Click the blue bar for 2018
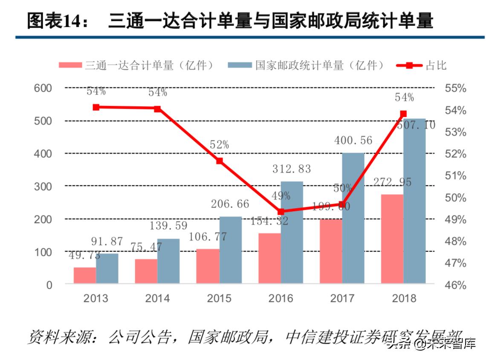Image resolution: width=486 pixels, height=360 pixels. pyautogui.click(x=414, y=201)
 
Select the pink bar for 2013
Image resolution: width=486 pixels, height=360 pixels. pyautogui.click(x=84, y=275)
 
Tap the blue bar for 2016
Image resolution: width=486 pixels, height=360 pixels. pyautogui.click(x=292, y=232)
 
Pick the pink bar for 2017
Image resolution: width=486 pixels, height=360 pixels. pyautogui.click(x=331, y=251)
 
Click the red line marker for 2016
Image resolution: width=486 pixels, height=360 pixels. pyautogui.click(x=281, y=212)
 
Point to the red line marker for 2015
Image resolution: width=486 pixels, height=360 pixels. pyautogui.click(x=219, y=161)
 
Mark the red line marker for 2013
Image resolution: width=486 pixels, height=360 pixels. pyautogui.click(x=96, y=107)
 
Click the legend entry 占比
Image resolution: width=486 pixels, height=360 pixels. pyautogui.click(x=422, y=65)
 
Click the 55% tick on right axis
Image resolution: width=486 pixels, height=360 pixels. pyautogui.click(x=455, y=88)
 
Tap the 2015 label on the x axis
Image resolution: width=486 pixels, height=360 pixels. pyautogui.click(x=219, y=298)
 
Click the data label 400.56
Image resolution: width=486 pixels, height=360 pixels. pyautogui.click(x=353, y=140)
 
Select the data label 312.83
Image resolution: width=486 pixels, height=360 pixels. pyautogui.click(x=292, y=169)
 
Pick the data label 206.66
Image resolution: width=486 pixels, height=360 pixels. pyautogui.click(x=230, y=204)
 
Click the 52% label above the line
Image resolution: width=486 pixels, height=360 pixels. pyautogui.click(x=219, y=145)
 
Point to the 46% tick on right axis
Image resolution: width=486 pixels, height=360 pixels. pyautogui.click(x=455, y=285)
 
